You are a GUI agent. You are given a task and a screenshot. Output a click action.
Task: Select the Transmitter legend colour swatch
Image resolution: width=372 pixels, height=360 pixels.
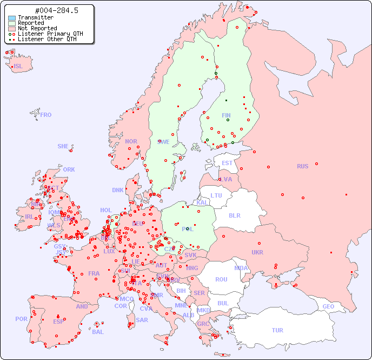(12, 18)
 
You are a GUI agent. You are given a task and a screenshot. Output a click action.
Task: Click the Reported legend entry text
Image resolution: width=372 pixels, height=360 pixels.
(31, 23)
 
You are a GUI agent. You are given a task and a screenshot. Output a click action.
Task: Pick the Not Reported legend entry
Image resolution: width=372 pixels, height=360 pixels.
(37, 29)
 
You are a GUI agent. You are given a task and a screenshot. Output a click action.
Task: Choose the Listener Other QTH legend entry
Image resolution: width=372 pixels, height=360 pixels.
(47, 39)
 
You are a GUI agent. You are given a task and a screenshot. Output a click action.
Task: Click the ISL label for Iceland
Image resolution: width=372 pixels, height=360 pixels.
(18, 67)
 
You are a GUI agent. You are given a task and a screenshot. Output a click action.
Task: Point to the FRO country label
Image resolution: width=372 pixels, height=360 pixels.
(46, 115)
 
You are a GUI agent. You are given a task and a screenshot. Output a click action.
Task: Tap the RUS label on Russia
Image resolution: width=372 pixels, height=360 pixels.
(302, 166)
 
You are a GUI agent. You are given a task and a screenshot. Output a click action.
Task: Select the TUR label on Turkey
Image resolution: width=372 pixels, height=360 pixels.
(277, 330)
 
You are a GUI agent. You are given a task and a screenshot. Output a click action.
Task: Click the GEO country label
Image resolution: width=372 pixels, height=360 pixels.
(328, 306)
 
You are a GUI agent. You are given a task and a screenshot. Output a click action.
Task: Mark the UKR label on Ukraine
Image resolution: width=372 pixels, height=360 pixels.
(257, 252)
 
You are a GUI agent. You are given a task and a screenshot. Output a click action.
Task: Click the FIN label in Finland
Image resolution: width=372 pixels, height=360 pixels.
(226, 115)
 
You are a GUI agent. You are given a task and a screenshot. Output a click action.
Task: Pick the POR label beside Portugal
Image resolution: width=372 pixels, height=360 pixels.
(21, 319)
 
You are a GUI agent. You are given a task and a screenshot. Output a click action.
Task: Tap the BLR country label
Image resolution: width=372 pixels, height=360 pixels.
(234, 215)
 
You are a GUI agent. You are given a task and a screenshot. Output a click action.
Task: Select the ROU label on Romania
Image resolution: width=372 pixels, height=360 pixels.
(221, 279)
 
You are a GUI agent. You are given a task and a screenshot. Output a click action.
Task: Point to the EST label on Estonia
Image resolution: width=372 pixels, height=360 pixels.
(227, 163)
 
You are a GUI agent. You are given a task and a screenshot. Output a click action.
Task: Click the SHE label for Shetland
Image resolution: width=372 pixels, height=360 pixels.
(63, 146)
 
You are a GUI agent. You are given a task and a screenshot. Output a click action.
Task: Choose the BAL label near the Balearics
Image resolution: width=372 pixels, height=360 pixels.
(97, 332)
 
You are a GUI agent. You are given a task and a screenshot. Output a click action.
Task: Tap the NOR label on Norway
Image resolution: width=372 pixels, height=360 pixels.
(131, 141)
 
